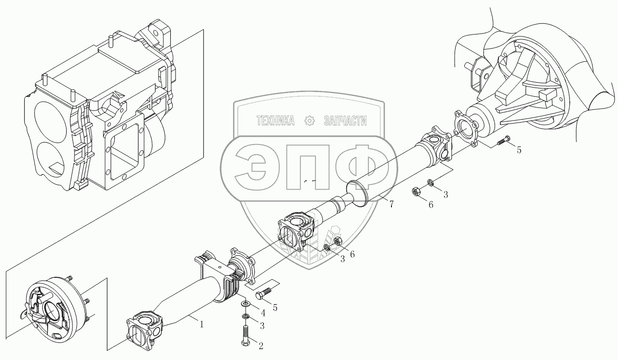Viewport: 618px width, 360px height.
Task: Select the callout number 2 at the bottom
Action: [x=261, y=346]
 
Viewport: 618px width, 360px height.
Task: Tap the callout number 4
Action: [x=263, y=312]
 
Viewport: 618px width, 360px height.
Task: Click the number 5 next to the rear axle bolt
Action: [x=519, y=150]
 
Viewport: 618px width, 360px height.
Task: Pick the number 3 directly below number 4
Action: [x=261, y=325]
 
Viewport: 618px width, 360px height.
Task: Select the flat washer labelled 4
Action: [x=246, y=304]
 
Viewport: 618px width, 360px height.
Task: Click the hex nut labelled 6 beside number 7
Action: [x=417, y=192]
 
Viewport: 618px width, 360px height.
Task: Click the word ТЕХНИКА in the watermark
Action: [x=276, y=121]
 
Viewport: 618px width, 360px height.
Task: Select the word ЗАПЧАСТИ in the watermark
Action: [x=345, y=121]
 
